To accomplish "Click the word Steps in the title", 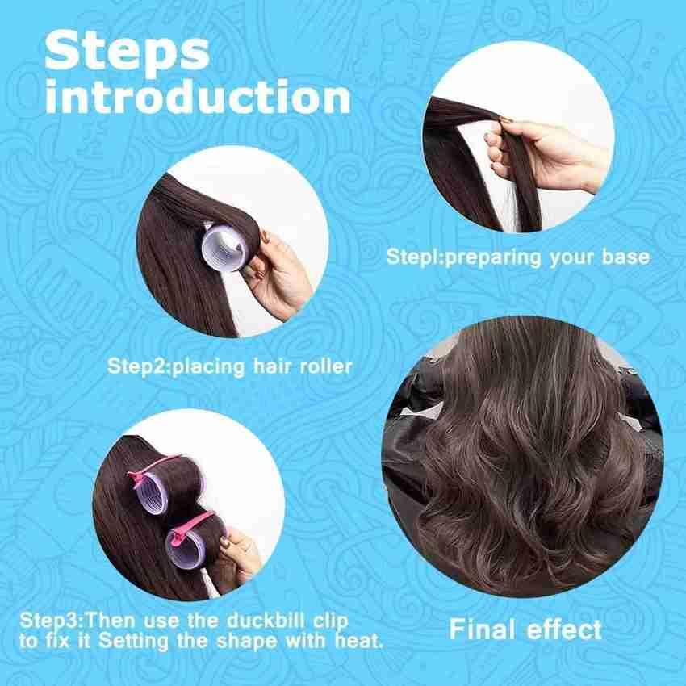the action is (127, 52).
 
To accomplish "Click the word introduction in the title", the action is (198, 96).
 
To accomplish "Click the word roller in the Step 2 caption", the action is (326, 366).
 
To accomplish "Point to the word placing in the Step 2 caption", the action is (208, 367).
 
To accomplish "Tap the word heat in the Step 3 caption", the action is (359, 642).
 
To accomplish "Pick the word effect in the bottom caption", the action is (564, 630).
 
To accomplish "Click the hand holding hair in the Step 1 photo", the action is (546, 154).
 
